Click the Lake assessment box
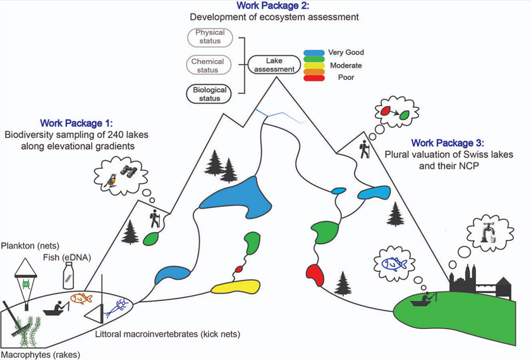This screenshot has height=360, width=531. (x=272, y=64)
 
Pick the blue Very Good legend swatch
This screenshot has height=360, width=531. (x=314, y=53)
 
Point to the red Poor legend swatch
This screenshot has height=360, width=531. (x=314, y=78)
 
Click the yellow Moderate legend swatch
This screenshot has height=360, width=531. (x=314, y=65)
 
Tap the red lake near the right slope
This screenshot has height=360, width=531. (x=315, y=275)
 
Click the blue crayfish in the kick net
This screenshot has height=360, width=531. (x=115, y=307)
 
